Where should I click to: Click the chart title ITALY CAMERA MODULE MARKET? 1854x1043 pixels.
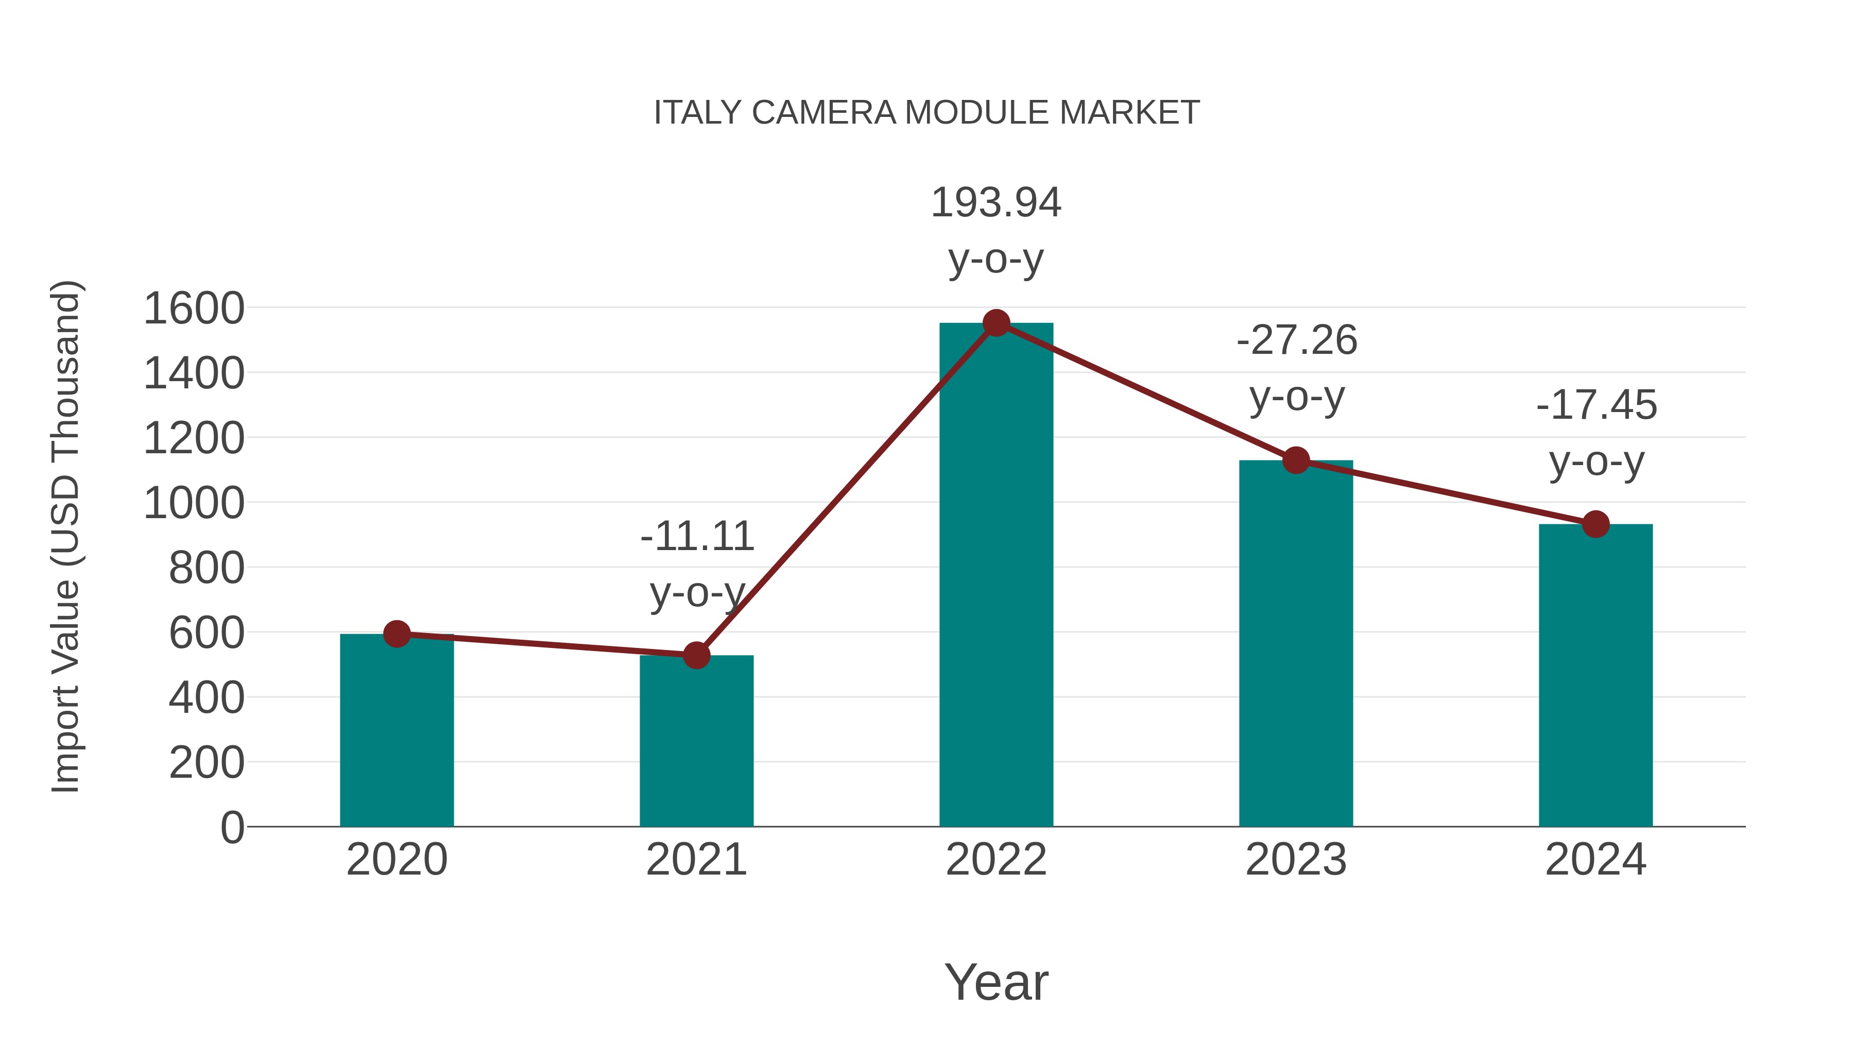[x=926, y=113]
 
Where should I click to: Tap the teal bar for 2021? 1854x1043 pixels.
[x=696, y=741]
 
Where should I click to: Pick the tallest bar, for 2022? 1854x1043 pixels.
[x=996, y=576]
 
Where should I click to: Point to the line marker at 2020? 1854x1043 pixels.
[x=397, y=634]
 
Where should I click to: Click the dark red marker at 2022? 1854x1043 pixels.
[x=996, y=323]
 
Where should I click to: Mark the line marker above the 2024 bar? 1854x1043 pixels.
[x=1595, y=524]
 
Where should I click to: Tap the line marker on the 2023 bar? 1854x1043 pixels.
[x=1296, y=460]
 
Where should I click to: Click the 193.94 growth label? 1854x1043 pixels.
[x=996, y=202]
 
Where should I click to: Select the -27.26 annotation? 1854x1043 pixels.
[x=1296, y=340]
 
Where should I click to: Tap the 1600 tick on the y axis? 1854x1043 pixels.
[x=194, y=309]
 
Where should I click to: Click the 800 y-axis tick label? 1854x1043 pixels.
[x=207, y=569]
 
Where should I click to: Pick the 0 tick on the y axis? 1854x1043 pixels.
[x=232, y=828]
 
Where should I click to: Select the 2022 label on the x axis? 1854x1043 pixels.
[x=996, y=860]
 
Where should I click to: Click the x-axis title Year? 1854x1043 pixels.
[x=996, y=983]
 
